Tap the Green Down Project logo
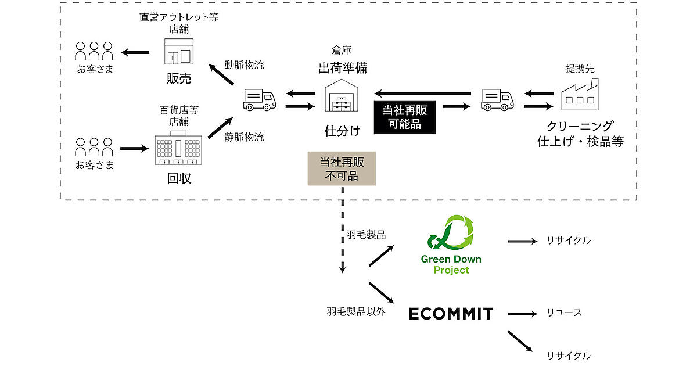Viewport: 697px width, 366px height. [451, 244]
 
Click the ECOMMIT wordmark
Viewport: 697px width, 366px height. [451, 314]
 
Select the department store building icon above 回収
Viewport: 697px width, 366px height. [178, 149]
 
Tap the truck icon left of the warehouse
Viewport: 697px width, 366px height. [259, 99]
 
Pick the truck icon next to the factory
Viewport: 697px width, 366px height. [498, 99]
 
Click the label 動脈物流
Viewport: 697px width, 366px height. [244, 65]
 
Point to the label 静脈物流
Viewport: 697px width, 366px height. [244, 138]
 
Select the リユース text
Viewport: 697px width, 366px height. [564, 313]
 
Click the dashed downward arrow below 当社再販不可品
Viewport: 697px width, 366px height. [343, 229]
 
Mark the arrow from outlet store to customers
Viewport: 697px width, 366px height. [135, 53]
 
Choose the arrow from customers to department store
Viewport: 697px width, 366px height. [134, 149]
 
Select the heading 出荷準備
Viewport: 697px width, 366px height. [342, 68]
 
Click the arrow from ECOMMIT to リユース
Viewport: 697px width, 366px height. [523, 314]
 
